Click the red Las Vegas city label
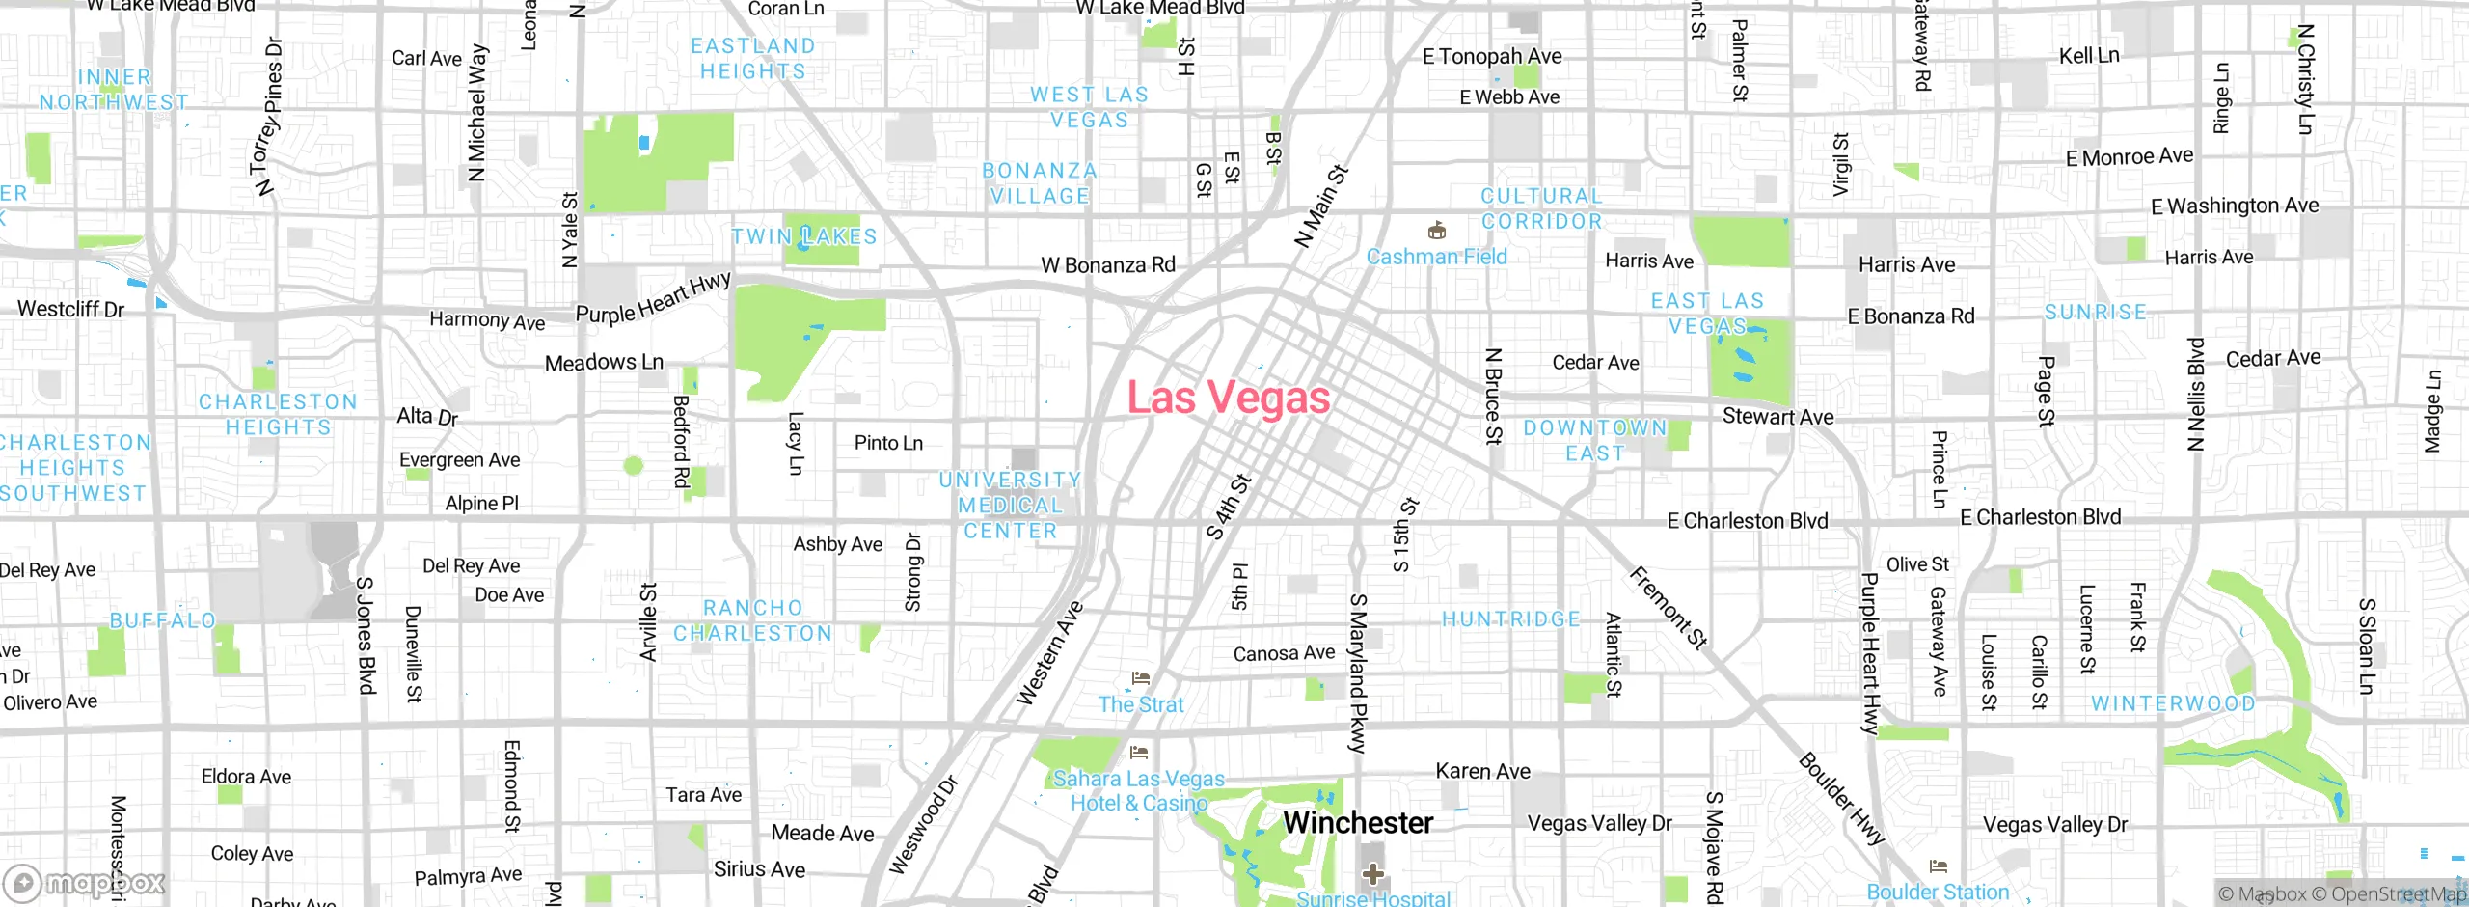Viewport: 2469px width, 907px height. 1229,398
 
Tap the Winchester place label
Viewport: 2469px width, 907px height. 1358,823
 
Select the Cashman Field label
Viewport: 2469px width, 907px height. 1436,257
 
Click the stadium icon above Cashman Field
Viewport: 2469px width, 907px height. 1437,231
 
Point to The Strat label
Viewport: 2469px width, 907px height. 1140,704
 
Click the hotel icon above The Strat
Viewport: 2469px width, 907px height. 1141,678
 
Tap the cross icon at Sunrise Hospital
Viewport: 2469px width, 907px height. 1373,875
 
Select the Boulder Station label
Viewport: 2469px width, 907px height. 1938,892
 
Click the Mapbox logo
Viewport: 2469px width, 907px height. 85,882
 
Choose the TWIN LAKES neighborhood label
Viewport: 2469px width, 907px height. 804,236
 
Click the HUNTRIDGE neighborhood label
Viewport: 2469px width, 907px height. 1511,619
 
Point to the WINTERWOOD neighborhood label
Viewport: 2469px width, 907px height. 2173,703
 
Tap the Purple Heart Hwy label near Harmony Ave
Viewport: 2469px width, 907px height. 653,298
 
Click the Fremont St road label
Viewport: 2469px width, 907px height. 1669,607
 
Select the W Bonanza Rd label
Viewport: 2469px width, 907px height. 1108,264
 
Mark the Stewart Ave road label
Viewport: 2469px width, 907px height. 1777,417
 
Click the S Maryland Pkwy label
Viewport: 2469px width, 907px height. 1358,673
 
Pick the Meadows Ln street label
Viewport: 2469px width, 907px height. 604,363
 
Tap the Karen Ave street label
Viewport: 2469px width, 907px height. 1482,771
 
